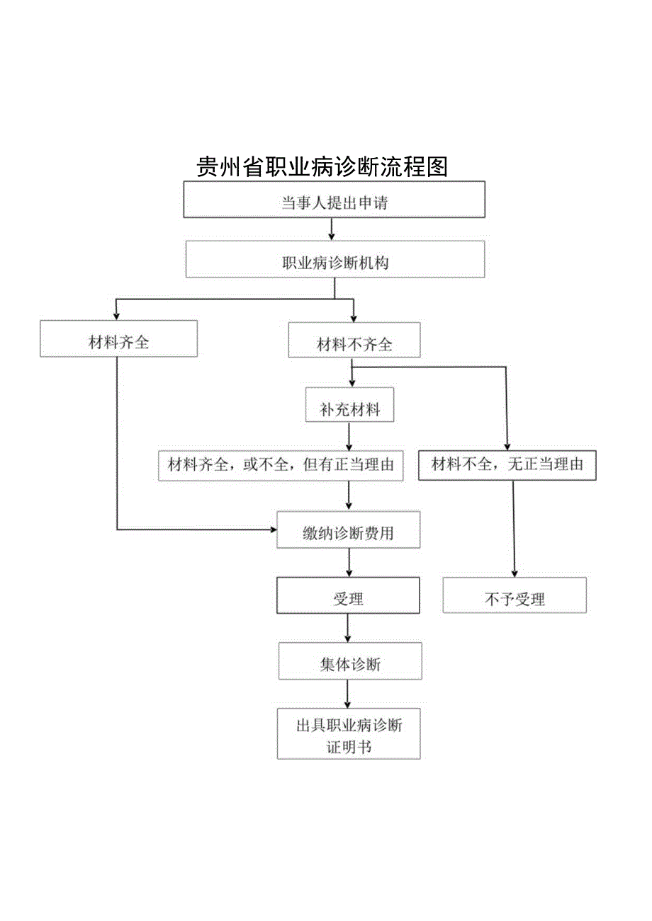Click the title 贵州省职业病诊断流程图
322,167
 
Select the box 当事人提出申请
335,200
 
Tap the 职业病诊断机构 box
335,259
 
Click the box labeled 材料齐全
118,339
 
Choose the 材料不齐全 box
354,341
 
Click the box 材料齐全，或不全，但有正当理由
281,464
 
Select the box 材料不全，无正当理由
507,464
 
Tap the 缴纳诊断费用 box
348,530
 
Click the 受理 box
347,595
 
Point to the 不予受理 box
515,595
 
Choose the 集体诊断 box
349,661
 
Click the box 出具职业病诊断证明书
349,733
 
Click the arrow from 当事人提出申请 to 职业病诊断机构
332,229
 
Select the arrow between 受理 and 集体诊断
347,627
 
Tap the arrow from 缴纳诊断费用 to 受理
348,562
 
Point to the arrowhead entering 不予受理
514,573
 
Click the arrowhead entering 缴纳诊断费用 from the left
273,530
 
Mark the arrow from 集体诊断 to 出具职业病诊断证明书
347,694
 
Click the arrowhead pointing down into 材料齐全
117,316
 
